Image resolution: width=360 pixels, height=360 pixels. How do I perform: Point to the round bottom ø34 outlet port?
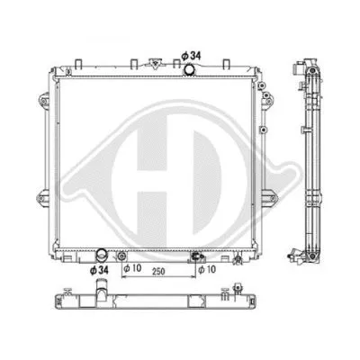tap(104, 256)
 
